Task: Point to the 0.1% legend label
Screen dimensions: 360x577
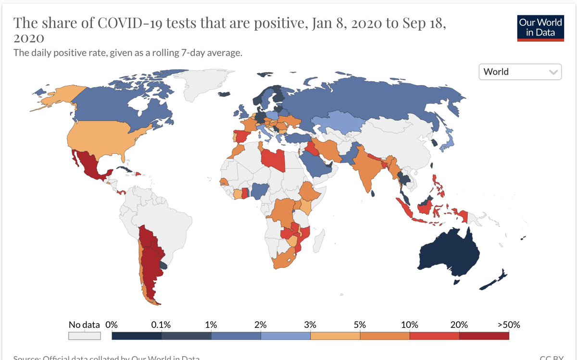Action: tap(161, 324)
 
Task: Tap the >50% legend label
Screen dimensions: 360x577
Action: tap(508, 324)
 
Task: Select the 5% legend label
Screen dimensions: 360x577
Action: tap(360, 324)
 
